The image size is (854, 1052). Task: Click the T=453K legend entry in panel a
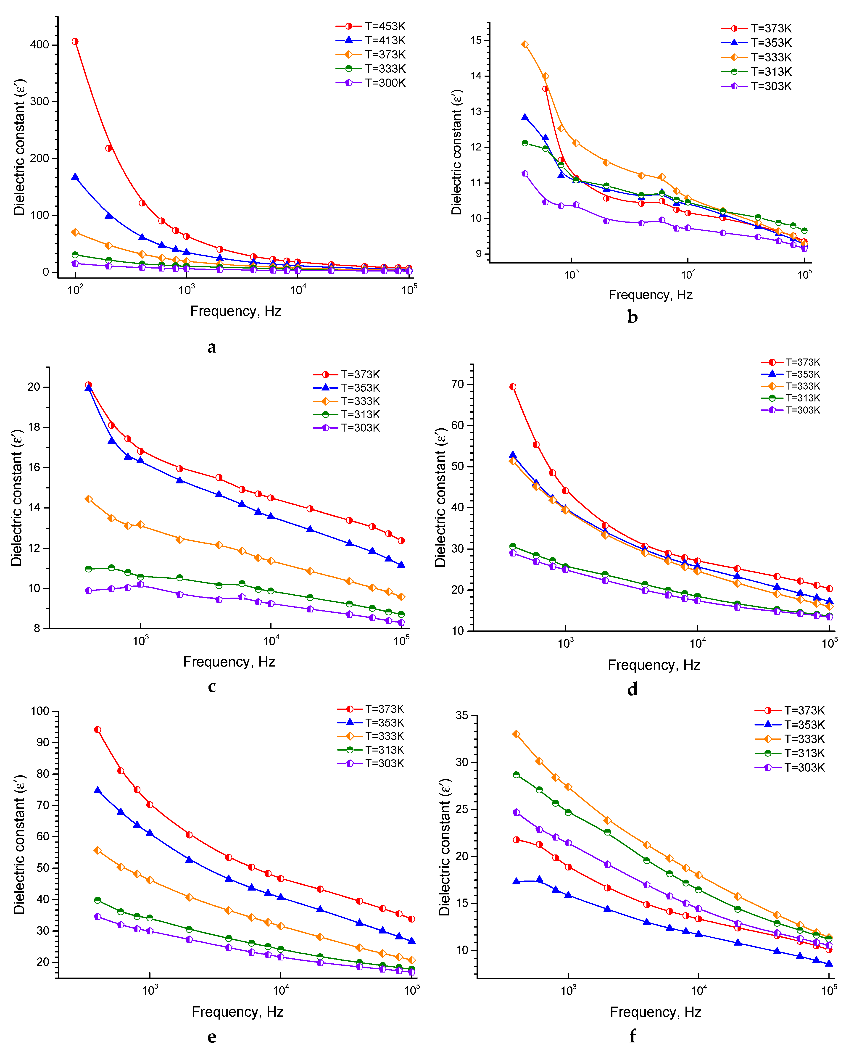point(372,26)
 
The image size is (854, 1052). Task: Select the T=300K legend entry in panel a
point(372,83)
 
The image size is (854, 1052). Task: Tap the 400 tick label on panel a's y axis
point(39,45)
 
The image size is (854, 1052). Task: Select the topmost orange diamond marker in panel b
point(525,44)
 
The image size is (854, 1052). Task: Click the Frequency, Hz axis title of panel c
point(229,662)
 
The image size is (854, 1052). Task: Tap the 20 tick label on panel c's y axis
point(34,387)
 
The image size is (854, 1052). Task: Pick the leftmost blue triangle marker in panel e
point(98,790)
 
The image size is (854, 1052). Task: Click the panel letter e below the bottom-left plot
point(211,1037)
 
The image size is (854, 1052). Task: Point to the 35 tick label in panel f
point(462,716)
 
